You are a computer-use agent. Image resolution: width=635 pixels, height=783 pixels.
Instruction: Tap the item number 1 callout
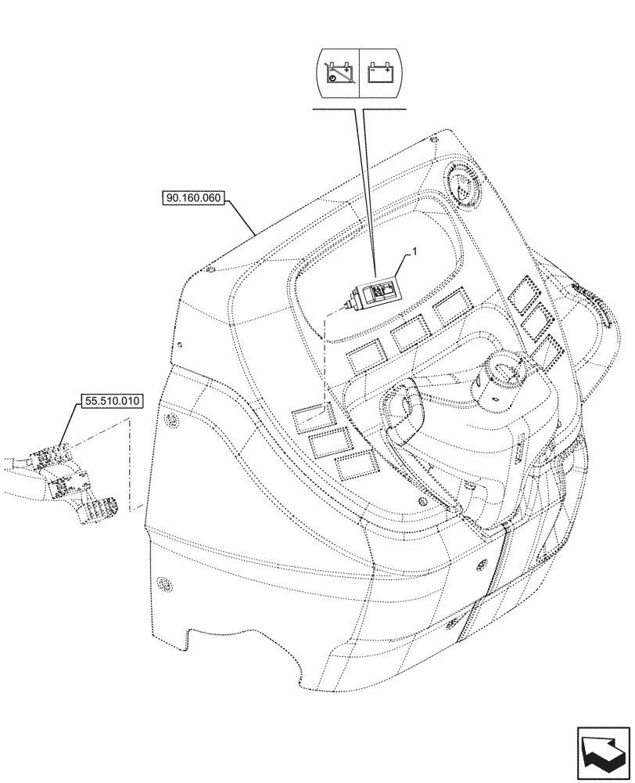(415, 253)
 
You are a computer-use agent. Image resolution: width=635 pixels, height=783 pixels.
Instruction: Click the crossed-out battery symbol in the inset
(339, 71)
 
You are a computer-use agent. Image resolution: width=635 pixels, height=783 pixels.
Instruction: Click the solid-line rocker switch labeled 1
(376, 292)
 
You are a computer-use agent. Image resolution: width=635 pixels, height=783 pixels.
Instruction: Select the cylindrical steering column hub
(500, 379)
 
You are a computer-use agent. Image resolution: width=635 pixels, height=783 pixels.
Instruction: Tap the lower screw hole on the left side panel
(164, 584)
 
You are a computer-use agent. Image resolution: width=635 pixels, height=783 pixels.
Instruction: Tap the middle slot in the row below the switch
(409, 335)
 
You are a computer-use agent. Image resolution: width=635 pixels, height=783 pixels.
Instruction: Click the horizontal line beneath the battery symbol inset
(360, 110)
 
